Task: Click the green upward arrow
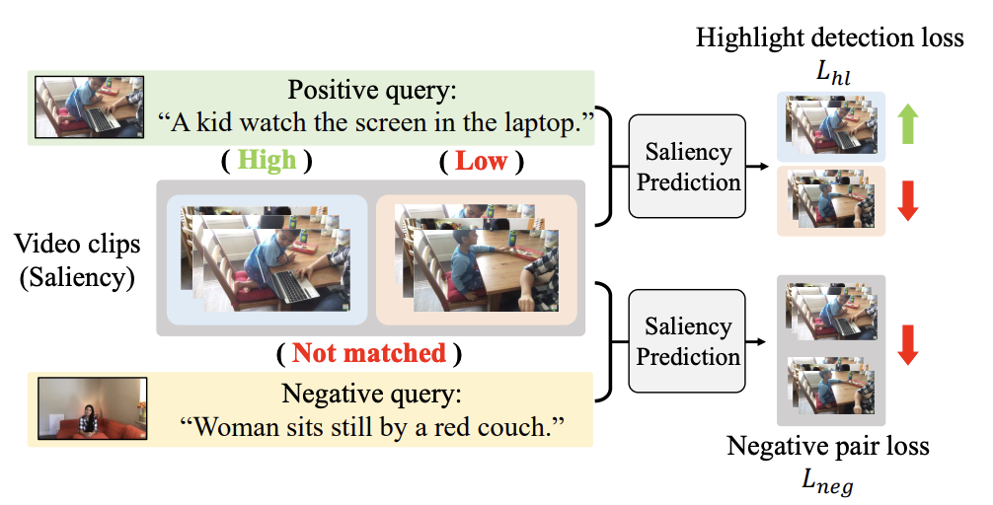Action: (x=909, y=126)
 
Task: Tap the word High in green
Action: (x=267, y=161)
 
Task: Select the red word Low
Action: (x=482, y=161)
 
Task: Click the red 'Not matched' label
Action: (x=369, y=352)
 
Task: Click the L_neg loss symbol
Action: (x=828, y=481)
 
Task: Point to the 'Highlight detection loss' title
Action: (x=829, y=39)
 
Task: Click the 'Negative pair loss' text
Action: (x=828, y=447)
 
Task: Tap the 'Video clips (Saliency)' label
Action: (x=77, y=259)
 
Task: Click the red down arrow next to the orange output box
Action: (x=909, y=200)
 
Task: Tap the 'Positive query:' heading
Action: (x=373, y=91)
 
